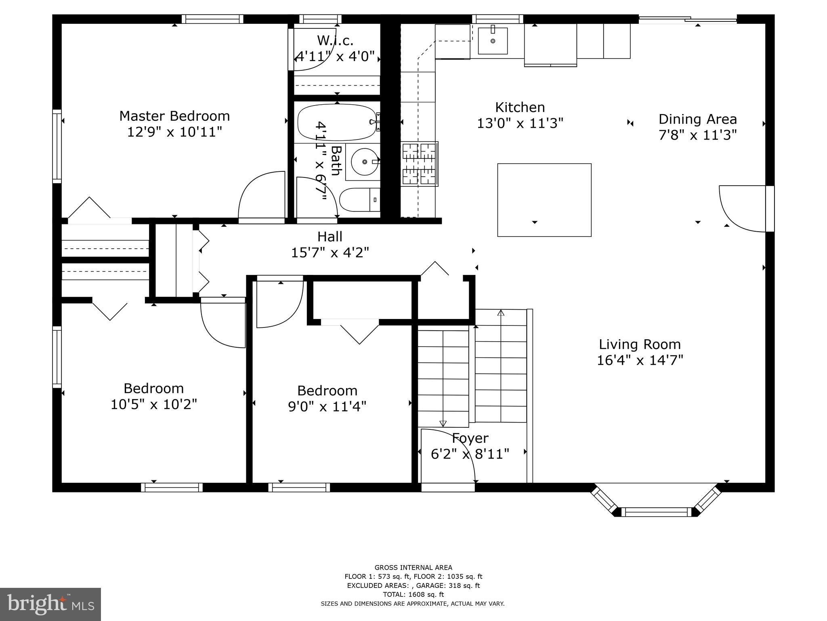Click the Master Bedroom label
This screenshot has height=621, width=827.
pyautogui.click(x=174, y=116)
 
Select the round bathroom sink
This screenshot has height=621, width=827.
pyautogui.click(x=365, y=162)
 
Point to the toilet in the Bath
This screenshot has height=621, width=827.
pyautogui.click(x=360, y=200)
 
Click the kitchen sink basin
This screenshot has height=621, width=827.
pyautogui.click(x=493, y=41)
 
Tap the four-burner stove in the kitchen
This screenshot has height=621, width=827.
pyautogui.click(x=420, y=164)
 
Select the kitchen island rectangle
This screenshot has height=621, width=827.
pyautogui.click(x=544, y=200)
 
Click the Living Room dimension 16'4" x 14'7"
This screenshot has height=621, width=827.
pyautogui.click(x=640, y=360)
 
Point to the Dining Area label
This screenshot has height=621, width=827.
pyautogui.click(x=698, y=119)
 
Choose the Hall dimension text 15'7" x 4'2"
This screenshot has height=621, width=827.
pyautogui.click(x=330, y=253)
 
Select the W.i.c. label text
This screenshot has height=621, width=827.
pyautogui.click(x=335, y=40)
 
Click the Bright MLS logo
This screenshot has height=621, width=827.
pyautogui.click(x=50, y=604)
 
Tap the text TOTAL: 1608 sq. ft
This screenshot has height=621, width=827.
pyautogui.click(x=413, y=594)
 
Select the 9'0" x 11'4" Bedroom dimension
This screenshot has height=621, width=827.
pyautogui.click(x=327, y=406)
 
